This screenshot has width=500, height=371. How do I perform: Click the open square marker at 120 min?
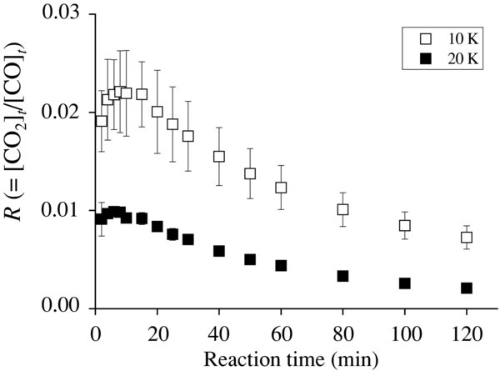pyautogui.click(x=467, y=238)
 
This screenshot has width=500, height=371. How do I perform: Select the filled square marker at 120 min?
pyautogui.click(x=467, y=288)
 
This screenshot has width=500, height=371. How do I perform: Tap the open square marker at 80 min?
pyautogui.click(x=342, y=209)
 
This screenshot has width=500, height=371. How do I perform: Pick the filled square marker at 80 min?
pyautogui.click(x=342, y=275)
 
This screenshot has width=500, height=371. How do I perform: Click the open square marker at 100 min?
pyautogui.click(x=405, y=225)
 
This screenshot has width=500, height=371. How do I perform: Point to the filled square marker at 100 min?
pyautogui.click(x=405, y=283)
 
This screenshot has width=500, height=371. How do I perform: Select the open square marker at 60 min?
pyautogui.click(x=281, y=188)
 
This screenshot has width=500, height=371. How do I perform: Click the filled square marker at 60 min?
pyautogui.click(x=281, y=265)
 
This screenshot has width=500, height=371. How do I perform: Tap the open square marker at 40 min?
pyautogui.click(x=219, y=156)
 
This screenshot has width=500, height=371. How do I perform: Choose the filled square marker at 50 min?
pyautogui.click(x=250, y=259)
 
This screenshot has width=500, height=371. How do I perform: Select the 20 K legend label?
pyautogui.click(x=448, y=59)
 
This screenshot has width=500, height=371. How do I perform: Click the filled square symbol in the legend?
pyautogui.click(x=412, y=59)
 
